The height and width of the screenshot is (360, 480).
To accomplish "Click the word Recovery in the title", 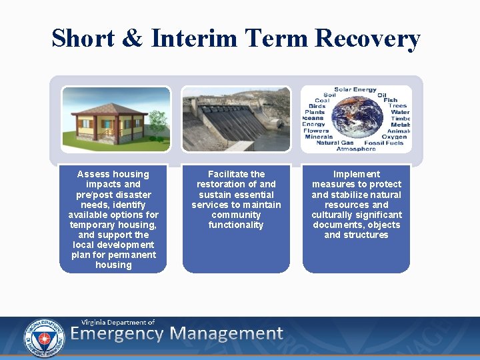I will (367, 39).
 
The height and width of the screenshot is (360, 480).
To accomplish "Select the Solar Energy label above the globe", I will (355, 89).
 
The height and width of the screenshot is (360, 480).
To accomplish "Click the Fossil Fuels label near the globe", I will (384, 143).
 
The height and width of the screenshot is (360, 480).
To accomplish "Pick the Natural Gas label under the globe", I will (335, 143).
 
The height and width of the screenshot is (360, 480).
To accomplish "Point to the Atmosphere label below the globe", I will (356, 149).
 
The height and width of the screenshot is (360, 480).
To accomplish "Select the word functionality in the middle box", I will (236, 225).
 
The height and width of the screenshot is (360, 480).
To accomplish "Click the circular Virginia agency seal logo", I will (44, 337).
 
